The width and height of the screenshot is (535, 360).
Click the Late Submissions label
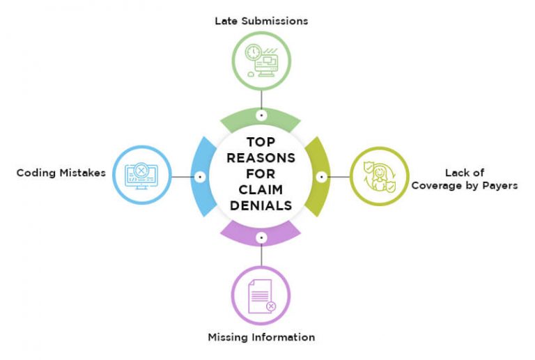click(x=261, y=21)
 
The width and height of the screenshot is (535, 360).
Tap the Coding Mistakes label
click(x=61, y=173)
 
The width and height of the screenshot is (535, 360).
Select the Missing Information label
click(x=261, y=338)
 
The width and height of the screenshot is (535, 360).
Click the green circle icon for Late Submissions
click(x=261, y=61)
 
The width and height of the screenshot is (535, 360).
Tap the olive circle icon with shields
click(x=378, y=176)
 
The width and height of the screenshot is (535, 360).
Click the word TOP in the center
click(x=260, y=142)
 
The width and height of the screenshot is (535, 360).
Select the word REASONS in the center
click(x=260, y=158)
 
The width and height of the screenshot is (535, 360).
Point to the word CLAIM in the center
click(x=260, y=190)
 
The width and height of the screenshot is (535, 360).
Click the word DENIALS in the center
click(x=260, y=206)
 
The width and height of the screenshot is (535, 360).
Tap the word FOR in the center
click(x=260, y=174)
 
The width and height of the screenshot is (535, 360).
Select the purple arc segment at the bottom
click(x=261, y=234)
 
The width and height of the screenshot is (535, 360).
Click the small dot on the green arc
click(x=261, y=116)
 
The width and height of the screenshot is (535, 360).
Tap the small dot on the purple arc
click(x=261, y=237)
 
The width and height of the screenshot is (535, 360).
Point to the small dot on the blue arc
click(x=201, y=176)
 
